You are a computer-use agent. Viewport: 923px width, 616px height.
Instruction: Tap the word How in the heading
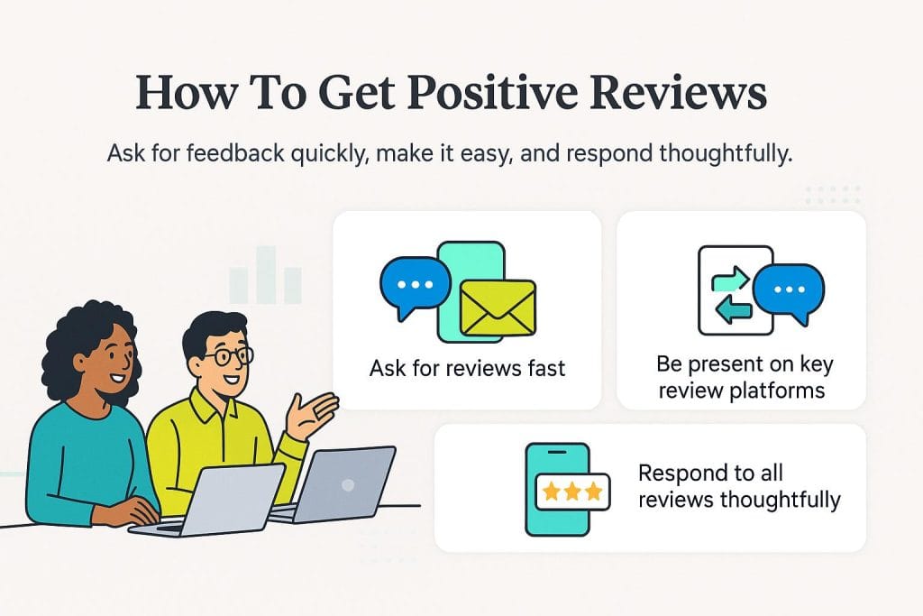click(187, 93)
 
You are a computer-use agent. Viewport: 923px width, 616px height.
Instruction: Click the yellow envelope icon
click(498, 308)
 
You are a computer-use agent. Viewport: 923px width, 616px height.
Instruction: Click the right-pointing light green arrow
click(730, 280)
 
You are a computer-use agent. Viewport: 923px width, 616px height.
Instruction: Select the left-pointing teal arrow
click(734, 308)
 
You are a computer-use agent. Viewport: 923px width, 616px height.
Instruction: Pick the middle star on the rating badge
click(572, 492)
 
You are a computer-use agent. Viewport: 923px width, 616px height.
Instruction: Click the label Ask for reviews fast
click(468, 369)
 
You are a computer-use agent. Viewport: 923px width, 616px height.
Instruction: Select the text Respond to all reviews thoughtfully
click(739, 486)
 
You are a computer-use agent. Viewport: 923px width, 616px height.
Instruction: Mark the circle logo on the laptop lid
click(348, 484)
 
